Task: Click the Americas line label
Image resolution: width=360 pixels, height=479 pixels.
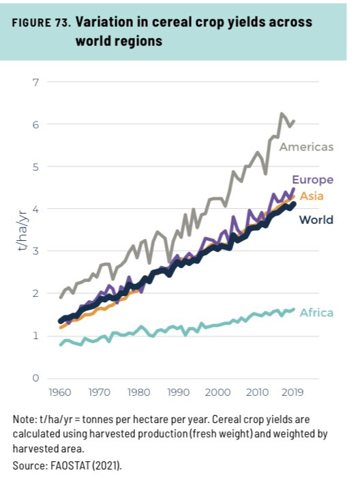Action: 306,147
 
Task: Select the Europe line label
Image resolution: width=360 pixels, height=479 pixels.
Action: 312,180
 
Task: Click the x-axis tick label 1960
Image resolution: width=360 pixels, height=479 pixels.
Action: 61,394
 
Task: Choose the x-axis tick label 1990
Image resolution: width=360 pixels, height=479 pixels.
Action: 178,394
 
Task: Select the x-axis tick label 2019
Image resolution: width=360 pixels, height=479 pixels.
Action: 292,394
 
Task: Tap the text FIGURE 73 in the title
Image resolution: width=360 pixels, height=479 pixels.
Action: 42,23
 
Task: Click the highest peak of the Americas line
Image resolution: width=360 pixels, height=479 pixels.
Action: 281,113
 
